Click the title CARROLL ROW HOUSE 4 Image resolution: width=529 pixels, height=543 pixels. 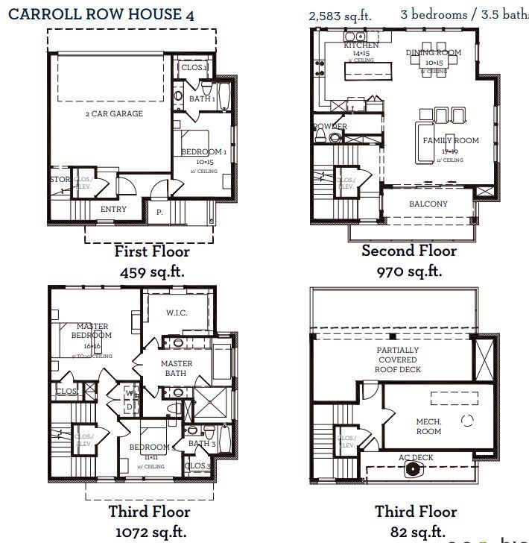click(x=106, y=13)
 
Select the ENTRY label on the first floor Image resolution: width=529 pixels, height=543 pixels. click(x=113, y=210)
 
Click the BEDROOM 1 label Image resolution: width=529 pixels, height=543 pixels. click(x=203, y=152)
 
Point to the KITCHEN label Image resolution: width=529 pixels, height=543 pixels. click(x=361, y=45)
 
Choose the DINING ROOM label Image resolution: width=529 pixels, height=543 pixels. click(x=433, y=53)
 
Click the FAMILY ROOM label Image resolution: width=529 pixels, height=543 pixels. click(x=451, y=141)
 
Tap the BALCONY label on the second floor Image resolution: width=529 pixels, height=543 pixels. click(x=428, y=204)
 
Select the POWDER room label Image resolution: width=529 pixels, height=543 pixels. click(x=330, y=127)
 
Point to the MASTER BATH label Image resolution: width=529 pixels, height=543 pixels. click(x=177, y=368)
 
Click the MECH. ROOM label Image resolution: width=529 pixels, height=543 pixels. click(x=428, y=426)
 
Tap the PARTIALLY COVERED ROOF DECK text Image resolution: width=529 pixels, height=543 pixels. click(x=399, y=360)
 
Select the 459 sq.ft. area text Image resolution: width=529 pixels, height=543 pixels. click(x=152, y=271)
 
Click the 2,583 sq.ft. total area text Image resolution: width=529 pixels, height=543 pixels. click(x=340, y=15)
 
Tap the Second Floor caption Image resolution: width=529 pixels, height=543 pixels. click(x=409, y=251)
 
